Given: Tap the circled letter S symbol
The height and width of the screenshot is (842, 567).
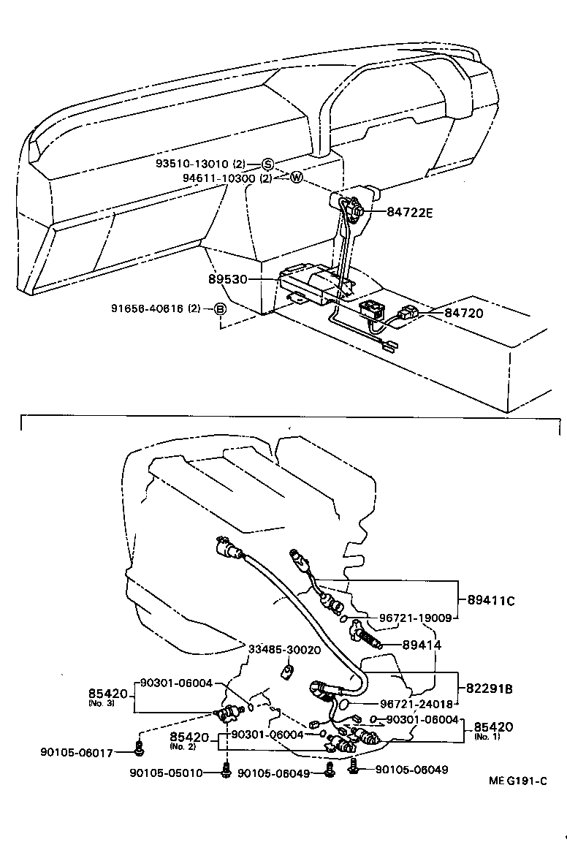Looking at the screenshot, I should (267, 164).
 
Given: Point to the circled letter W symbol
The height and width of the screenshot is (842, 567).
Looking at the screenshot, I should (296, 178).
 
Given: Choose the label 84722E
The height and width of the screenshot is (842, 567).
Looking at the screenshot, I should (410, 213).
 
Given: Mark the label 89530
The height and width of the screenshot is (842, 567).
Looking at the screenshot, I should (227, 279).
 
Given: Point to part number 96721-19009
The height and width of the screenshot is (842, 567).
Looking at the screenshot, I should (414, 618).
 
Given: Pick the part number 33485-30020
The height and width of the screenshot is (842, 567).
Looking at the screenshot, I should (283, 649).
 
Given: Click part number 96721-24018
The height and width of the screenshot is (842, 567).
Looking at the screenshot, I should (414, 705).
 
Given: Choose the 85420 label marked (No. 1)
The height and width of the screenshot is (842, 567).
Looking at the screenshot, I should (493, 727).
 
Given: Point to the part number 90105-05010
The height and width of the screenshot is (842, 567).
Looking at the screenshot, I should (172, 773).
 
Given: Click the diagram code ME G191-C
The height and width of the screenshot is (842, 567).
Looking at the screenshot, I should (517, 781).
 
